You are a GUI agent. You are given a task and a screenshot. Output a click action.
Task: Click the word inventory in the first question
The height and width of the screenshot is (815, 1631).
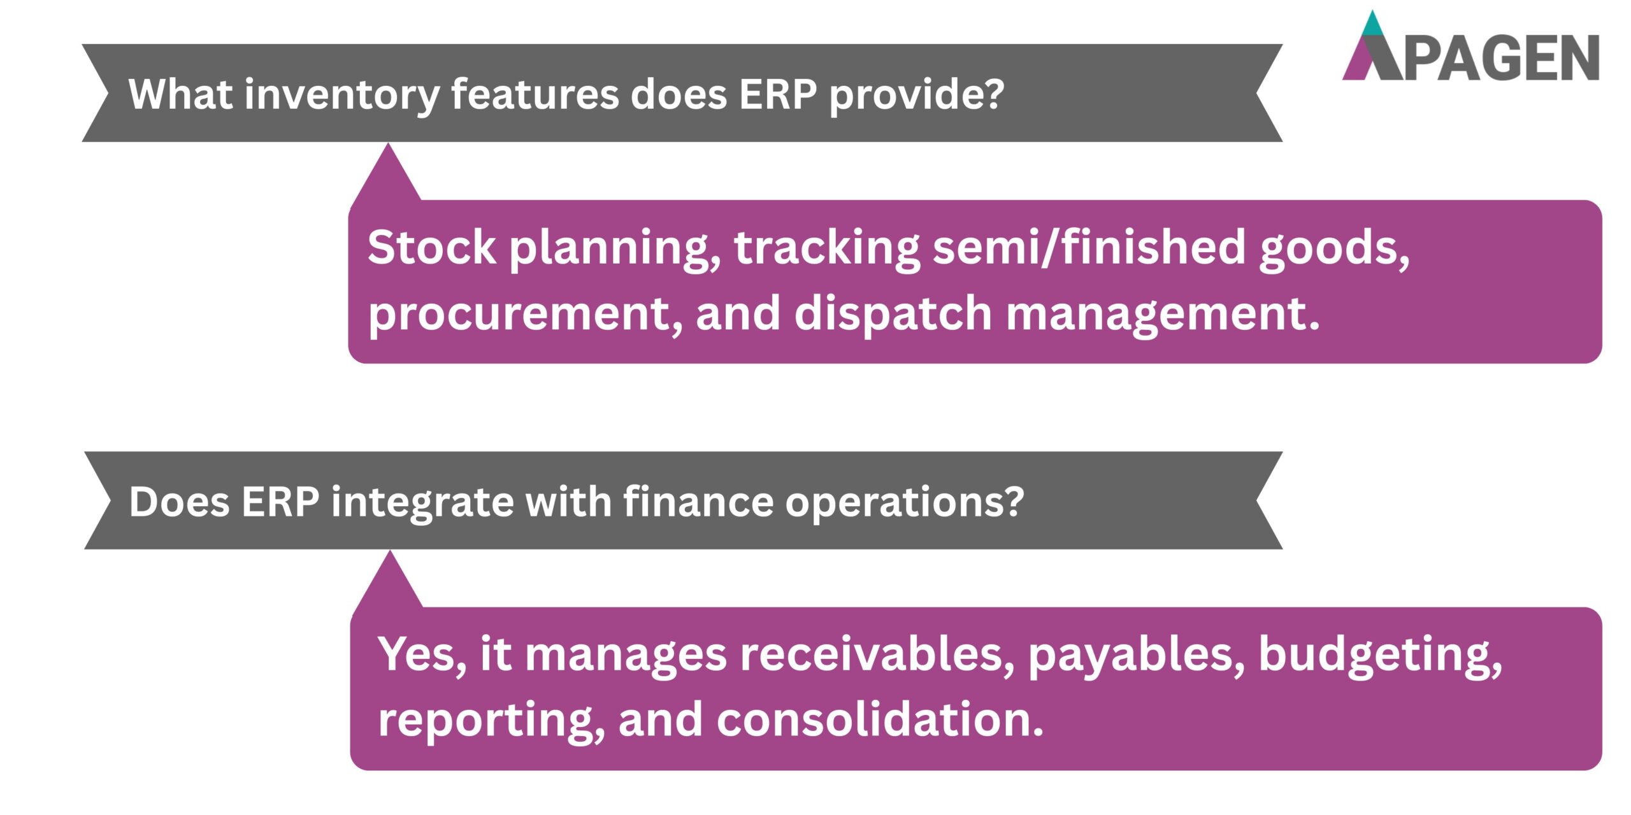(341, 94)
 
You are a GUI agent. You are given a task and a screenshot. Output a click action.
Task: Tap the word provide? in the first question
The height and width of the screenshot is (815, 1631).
(916, 94)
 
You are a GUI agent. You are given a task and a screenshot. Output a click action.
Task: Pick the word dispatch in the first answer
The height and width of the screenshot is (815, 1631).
(892, 313)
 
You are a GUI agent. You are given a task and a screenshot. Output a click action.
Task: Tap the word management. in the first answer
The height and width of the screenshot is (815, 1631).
(1162, 313)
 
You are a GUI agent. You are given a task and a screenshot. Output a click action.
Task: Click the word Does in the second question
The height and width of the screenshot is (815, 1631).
(179, 502)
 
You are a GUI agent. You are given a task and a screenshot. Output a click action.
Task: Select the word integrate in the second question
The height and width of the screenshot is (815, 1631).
(421, 502)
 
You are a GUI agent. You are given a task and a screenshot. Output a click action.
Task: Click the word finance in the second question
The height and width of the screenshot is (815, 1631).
(698, 502)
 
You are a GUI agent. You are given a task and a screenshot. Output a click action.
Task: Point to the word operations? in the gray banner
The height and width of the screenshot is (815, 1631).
(904, 502)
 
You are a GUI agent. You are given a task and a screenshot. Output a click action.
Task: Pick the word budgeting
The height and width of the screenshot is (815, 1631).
(1380, 655)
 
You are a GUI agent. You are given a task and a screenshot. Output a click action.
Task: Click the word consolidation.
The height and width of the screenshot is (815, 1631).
(880, 719)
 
